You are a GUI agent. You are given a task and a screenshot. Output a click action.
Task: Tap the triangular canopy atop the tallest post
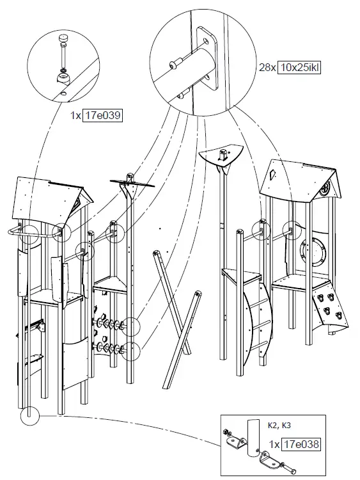click(221, 156)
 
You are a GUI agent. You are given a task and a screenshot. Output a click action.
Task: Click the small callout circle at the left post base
click(29, 416)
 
